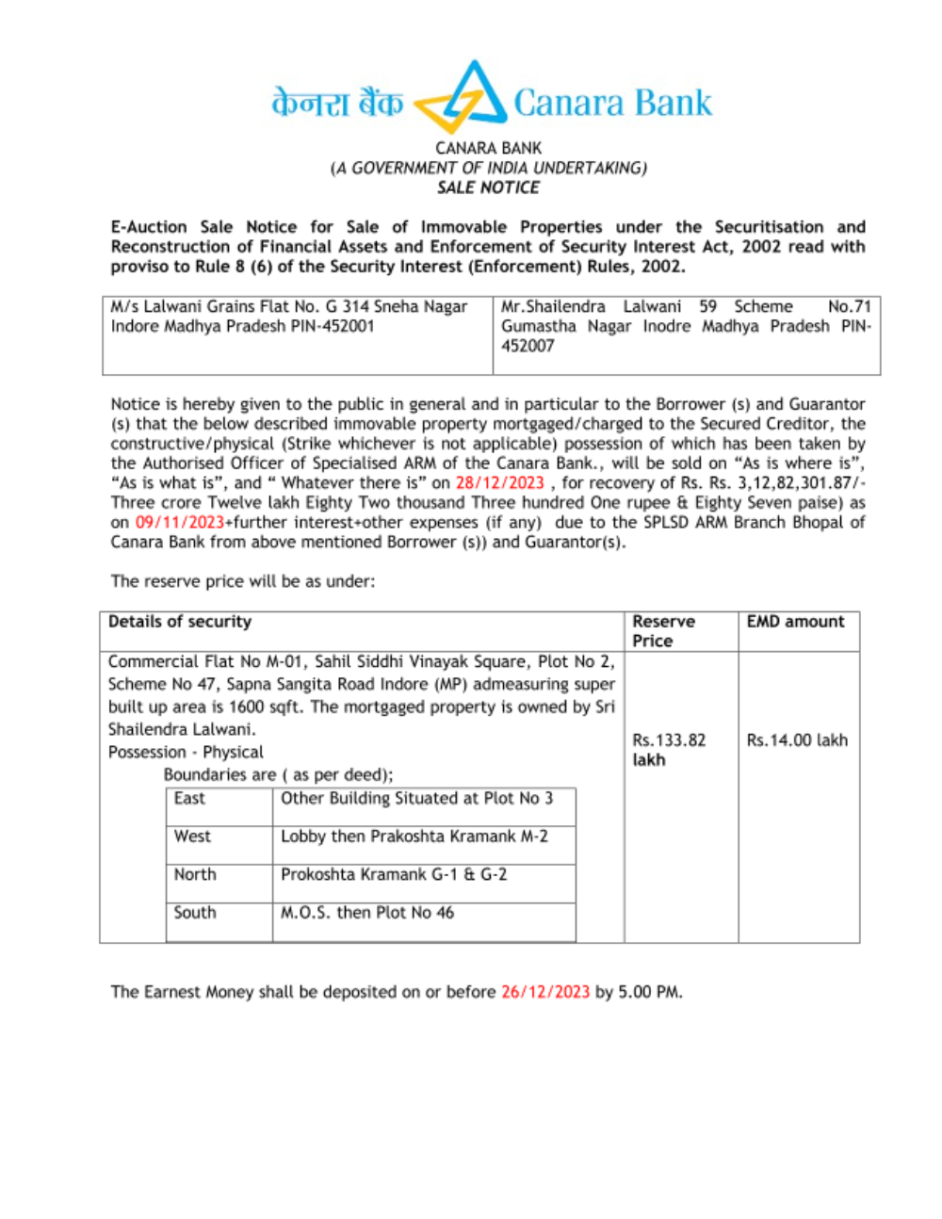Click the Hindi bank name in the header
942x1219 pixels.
(x=337, y=102)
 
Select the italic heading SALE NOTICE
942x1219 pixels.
(x=488, y=187)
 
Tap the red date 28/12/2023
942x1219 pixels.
(x=499, y=482)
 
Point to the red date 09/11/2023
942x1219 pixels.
(x=179, y=522)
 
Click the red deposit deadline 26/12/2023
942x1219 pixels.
(x=545, y=991)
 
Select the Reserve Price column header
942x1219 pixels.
(x=663, y=630)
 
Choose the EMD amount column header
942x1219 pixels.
(x=796, y=622)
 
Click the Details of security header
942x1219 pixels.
(x=180, y=622)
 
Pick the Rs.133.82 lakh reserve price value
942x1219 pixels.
(x=669, y=750)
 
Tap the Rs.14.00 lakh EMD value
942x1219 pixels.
(x=797, y=740)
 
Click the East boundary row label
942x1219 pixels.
(x=189, y=798)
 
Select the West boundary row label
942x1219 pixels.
(x=192, y=837)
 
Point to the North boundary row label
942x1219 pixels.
(x=195, y=874)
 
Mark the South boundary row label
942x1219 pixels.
(x=195, y=912)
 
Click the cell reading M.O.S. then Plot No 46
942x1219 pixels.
(x=367, y=912)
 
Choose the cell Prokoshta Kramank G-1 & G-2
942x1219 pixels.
(x=394, y=874)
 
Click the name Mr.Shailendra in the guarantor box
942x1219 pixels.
(x=553, y=306)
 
